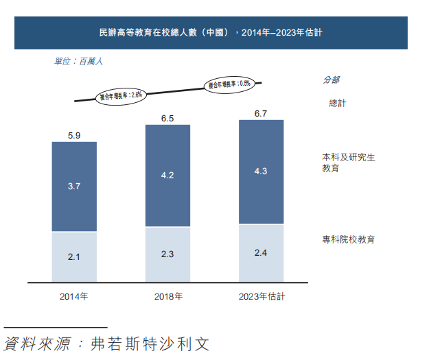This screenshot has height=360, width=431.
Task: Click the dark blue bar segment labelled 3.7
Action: click(74, 187)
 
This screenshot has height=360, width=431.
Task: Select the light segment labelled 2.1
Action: click(74, 256)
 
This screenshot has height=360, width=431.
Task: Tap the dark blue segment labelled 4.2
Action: click(167, 176)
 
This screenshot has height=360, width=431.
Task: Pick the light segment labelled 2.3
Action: click(167, 254)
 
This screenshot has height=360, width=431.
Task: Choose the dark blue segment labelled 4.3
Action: click(261, 171)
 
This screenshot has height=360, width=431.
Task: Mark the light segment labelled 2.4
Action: click(261, 253)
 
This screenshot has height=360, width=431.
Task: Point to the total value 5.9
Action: click(74, 136)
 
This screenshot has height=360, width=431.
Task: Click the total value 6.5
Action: click(167, 119)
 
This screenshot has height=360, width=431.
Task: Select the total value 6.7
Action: click(261, 114)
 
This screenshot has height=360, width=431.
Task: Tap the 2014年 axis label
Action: click(74, 297)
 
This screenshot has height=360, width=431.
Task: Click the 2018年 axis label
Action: click(167, 297)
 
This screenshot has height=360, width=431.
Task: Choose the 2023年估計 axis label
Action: click(261, 297)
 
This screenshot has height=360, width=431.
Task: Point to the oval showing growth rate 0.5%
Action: click(230, 84)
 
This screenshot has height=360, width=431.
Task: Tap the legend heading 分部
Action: click(331, 80)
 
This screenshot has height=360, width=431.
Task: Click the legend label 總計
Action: click(338, 103)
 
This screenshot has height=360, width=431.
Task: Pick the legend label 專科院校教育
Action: click(349, 239)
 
